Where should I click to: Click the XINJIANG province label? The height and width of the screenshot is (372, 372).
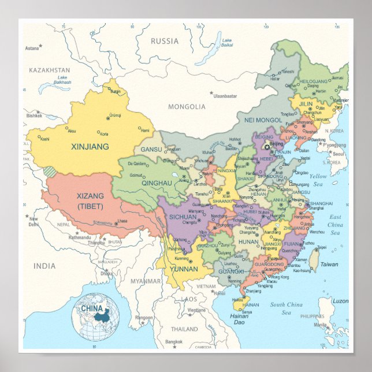(90, 147)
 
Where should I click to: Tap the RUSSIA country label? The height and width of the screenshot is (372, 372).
(165, 41)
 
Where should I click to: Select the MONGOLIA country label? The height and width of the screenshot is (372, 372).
(187, 107)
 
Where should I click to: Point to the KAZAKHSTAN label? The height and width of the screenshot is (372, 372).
(49, 70)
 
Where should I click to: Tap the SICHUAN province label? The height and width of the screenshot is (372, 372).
(184, 217)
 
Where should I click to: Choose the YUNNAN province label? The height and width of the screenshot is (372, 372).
(184, 268)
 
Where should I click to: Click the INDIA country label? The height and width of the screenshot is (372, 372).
(44, 266)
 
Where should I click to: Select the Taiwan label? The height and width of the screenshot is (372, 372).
(329, 265)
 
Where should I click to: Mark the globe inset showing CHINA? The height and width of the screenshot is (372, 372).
(96, 316)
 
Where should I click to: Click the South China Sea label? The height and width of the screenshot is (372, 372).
(287, 308)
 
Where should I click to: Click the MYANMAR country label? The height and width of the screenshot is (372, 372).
(145, 281)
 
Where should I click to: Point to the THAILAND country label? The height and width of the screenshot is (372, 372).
(184, 329)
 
